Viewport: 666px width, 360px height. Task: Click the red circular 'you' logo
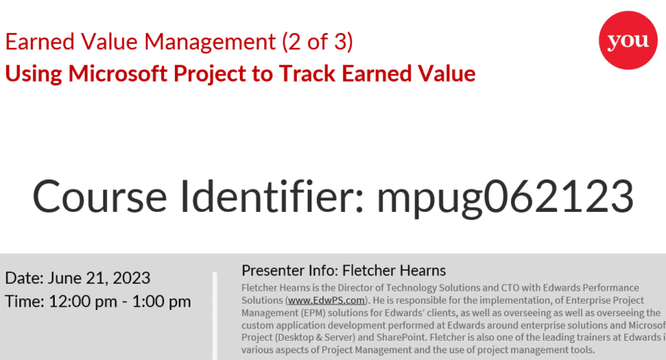(627, 40)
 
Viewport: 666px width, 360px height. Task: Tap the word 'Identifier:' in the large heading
(272, 196)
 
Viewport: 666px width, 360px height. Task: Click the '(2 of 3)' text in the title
(318, 42)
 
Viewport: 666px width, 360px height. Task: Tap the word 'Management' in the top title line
(210, 42)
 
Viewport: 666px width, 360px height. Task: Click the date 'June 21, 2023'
(99, 278)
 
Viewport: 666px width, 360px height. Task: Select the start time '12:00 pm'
(82, 302)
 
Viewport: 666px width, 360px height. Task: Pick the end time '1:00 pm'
(161, 302)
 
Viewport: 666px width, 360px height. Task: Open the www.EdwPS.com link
(326, 301)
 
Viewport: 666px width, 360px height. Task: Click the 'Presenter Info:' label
(290, 271)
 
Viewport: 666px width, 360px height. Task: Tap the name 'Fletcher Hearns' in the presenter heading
(394, 271)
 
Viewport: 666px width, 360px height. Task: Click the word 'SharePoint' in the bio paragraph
(401, 338)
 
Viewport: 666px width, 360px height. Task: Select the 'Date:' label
(24, 278)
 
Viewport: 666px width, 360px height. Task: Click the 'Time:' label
(25, 302)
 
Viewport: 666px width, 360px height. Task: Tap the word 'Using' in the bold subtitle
(34, 74)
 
